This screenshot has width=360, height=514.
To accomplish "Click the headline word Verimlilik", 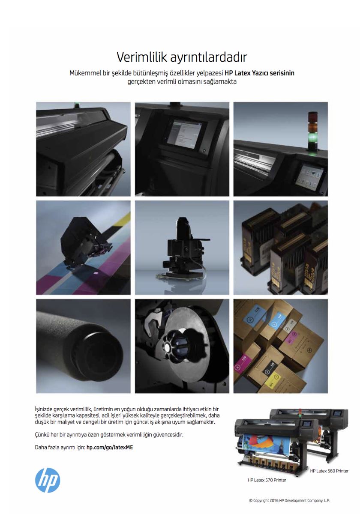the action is [x=142, y=57].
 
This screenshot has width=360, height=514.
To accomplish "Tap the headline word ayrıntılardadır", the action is [x=208, y=57].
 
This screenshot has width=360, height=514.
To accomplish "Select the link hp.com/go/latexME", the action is [x=110, y=447].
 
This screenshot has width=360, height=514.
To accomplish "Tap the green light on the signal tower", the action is [x=312, y=137].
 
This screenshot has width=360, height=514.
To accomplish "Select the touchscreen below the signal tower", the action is [x=309, y=175].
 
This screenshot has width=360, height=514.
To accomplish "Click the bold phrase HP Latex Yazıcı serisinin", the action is [x=259, y=73].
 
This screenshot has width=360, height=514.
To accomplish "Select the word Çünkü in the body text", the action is [x=41, y=435].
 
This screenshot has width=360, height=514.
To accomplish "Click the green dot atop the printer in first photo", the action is [x=76, y=104].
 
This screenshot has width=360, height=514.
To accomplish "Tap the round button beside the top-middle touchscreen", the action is [x=203, y=150].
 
